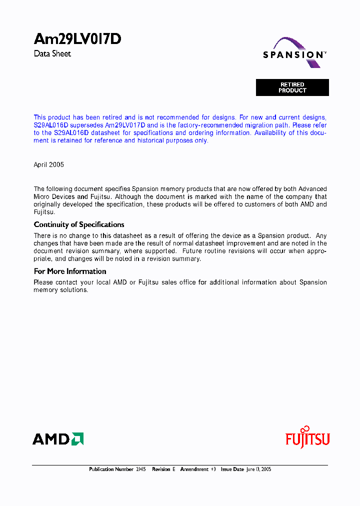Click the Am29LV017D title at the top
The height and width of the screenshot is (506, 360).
pyautogui.click(x=77, y=39)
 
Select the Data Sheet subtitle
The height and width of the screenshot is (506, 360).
pyautogui.click(x=52, y=53)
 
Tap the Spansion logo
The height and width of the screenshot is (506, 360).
pyautogui.click(x=294, y=54)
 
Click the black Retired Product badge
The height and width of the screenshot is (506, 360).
pyautogui.click(x=292, y=87)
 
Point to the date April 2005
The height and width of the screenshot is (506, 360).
pyautogui.click(x=48, y=164)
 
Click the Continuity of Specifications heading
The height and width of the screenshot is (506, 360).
pyautogui.click(x=79, y=224)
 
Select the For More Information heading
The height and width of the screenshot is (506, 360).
pyautogui.click(x=70, y=271)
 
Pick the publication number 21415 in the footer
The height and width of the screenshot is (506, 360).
pyautogui.click(x=141, y=469)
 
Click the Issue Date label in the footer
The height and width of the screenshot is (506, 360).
pyautogui.click(x=232, y=469)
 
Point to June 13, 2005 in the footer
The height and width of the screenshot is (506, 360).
pyautogui.click(x=258, y=469)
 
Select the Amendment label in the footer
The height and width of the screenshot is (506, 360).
pyautogui.click(x=194, y=469)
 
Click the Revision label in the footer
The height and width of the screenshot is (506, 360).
pyautogui.click(x=161, y=469)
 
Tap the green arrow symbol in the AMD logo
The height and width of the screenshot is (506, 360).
pyautogui.click(x=77, y=438)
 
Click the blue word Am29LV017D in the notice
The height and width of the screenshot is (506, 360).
pyautogui.click(x=125, y=125)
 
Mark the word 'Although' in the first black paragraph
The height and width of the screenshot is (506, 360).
pyautogui.click(x=128, y=196)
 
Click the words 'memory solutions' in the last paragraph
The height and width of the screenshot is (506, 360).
pyautogui.click(x=60, y=290)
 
